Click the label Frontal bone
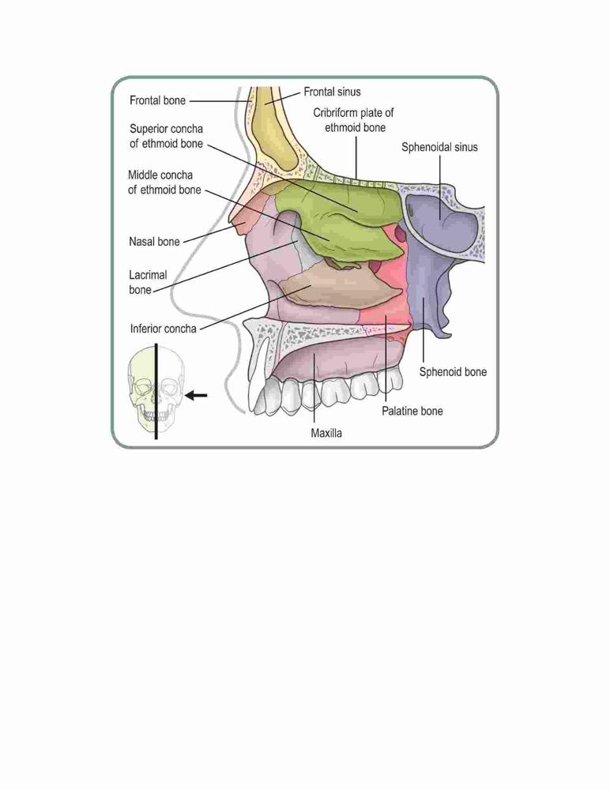(157, 100)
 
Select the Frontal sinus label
(332, 92)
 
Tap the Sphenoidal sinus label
(439, 147)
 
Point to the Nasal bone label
(154, 241)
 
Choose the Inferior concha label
(163, 329)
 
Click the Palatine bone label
(412, 411)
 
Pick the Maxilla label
(326, 433)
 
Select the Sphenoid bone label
(454, 372)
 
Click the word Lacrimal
(148, 275)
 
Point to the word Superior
(149, 129)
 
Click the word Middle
(142, 175)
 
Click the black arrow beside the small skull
(196, 396)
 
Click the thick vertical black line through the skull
(156, 392)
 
